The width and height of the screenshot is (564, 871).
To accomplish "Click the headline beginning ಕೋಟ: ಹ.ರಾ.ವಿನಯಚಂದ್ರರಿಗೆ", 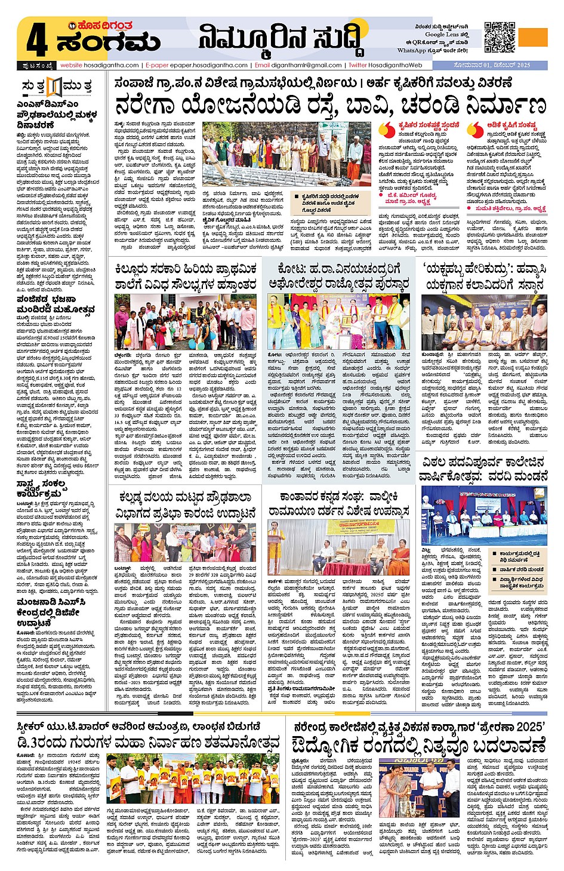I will click(338, 276).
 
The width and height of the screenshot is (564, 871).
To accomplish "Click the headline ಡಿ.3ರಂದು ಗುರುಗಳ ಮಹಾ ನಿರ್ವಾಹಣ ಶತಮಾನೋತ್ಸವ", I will click(148, 743).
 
